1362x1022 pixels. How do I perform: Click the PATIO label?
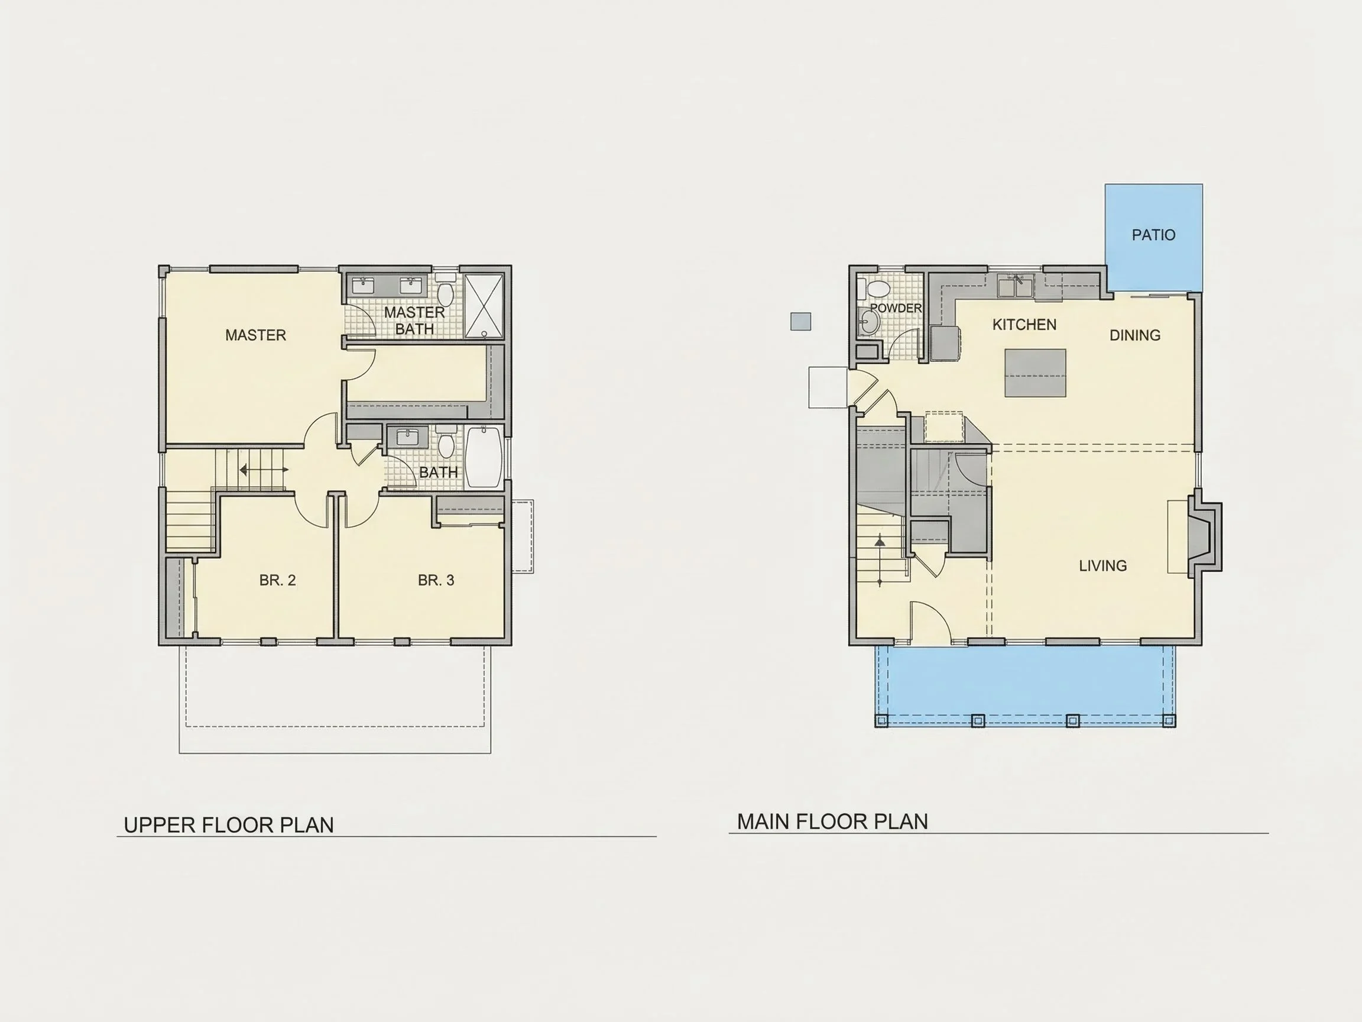pos(1153,235)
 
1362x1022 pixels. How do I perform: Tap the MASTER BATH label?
pos(414,321)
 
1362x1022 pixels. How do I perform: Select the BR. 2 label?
pos(277,580)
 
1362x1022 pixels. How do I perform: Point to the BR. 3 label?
pos(436,580)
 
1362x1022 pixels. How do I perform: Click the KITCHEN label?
pos(1024,325)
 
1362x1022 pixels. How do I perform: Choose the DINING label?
pos(1135,335)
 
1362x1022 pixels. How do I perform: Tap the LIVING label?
pos(1102,565)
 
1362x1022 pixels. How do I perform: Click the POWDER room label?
pos(896,308)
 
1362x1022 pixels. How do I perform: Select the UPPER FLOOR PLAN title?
pos(228,825)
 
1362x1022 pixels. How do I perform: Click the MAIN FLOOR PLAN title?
pos(832,821)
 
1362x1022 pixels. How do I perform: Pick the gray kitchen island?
pos(1035,373)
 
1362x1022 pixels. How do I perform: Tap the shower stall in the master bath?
pos(484,306)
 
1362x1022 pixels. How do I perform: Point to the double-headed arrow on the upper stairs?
pos(264,470)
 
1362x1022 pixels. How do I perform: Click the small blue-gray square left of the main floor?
pos(800,322)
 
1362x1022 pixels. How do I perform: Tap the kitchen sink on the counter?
pos(1016,286)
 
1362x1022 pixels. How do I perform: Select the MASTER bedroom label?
pos(255,335)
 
